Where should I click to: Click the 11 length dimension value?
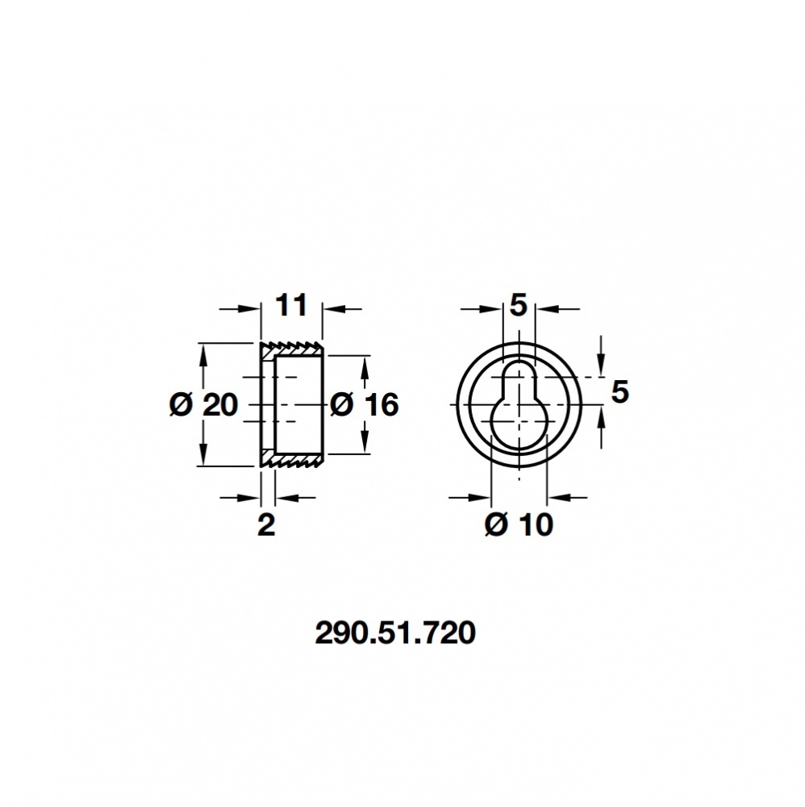(x=291, y=307)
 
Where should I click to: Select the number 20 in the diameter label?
(x=220, y=404)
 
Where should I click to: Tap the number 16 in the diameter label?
(x=380, y=404)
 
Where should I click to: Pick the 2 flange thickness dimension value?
(x=266, y=525)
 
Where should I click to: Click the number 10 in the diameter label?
(x=535, y=525)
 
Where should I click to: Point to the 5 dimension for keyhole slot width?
(x=518, y=306)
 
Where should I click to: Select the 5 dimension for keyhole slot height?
(x=619, y=392)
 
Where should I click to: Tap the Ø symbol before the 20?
(x=181, y=404)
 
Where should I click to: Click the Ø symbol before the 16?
(x=341, y=404)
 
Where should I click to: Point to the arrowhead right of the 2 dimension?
(x=283, y=498)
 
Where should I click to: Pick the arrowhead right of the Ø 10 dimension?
(x=556, y=498)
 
